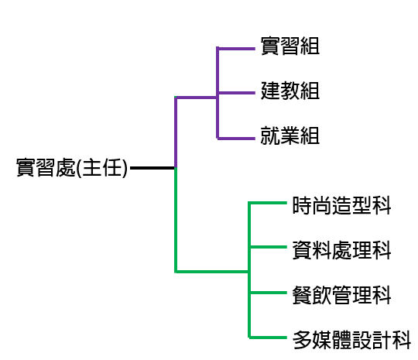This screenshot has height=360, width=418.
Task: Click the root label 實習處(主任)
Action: point(72,168)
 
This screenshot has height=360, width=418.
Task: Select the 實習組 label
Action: point(290,46)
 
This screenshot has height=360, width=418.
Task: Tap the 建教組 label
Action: point(290,91)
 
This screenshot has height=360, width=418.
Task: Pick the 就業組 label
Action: point(290,135)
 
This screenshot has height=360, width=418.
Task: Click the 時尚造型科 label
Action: point(342,205)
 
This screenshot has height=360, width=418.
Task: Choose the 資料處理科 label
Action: point(342,250)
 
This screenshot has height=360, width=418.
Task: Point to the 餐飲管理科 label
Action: point(342,295)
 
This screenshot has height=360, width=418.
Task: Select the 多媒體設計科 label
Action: point(351,340)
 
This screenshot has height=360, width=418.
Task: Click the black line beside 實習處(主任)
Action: point(152,168)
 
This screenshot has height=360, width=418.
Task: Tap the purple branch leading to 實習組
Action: point(236,49)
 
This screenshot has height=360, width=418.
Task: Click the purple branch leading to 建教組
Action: point(236,93)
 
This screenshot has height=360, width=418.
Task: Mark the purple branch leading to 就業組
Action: point(236,139)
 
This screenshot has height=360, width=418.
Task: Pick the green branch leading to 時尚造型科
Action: point(268,203)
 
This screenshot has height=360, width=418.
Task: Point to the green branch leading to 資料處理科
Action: point(268,247)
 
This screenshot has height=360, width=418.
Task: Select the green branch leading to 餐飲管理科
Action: point(268,293)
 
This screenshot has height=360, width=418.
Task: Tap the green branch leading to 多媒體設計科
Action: point(268,338)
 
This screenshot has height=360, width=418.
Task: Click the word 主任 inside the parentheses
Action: point(102,168)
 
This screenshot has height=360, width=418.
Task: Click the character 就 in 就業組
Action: point(270,135)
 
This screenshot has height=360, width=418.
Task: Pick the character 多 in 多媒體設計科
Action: point(302,340)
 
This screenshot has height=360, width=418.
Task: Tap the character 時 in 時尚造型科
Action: point(302,205)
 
